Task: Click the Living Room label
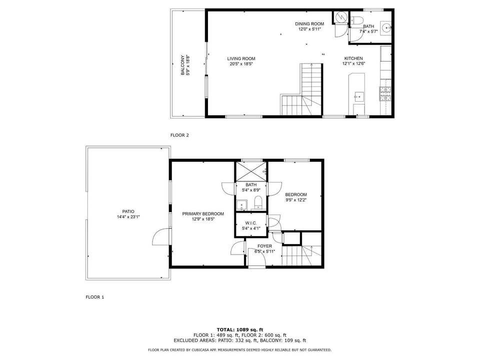(x=241, y=58)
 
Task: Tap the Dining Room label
(x=309, y=23)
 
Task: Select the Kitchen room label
(x=353, y=58)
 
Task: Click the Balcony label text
(x=183, y=65)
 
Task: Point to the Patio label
(x=128, y=211)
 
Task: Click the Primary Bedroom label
(x=203, y=213)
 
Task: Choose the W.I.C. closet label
(x=251, y=223)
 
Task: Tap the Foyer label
(x=264, y=246)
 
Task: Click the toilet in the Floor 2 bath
(x=356, y=20)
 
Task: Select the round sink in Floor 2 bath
(x=387, y=28)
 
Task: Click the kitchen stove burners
(x=385, y=93)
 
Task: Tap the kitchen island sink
(x=359, y=96)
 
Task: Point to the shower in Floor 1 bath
(x=250, y=171)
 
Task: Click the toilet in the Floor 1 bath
(x=258, y=202)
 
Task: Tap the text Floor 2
(x=179, y=135)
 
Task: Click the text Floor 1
(x=95, y=297)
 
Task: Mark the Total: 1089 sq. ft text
(x=240, y=329)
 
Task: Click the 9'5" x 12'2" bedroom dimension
(x=296, y=200)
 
